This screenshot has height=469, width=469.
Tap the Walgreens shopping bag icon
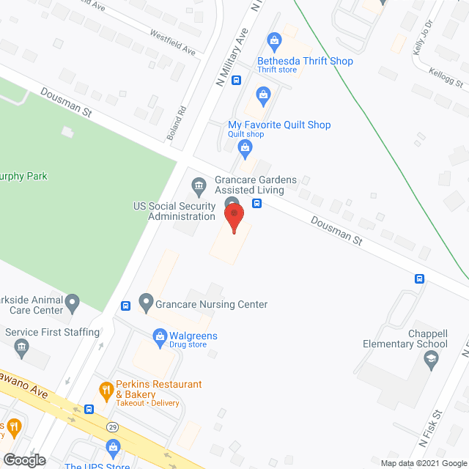tap(159, 337)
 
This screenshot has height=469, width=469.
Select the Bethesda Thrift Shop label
tap(305, 62)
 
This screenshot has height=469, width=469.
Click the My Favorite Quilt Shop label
tap(279, 125)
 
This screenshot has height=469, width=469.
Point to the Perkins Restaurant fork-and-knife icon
tap(106, 389)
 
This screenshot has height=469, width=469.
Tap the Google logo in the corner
tap(23, 460)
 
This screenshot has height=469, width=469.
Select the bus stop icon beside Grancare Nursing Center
tap(126, 305)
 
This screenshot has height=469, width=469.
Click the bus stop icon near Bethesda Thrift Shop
tap(236, 81)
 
